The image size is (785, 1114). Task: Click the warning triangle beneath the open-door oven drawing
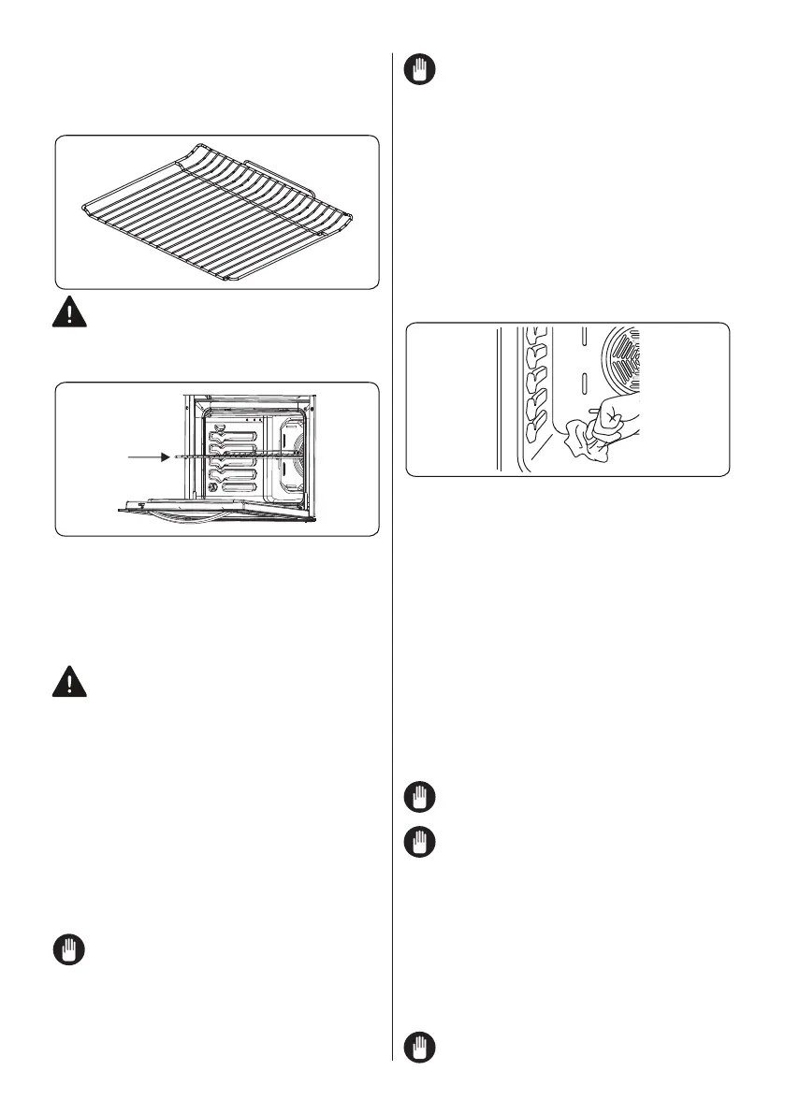point(66,683)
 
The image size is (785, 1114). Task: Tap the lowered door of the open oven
point(215,507)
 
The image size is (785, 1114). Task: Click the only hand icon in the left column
point(66,953)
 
